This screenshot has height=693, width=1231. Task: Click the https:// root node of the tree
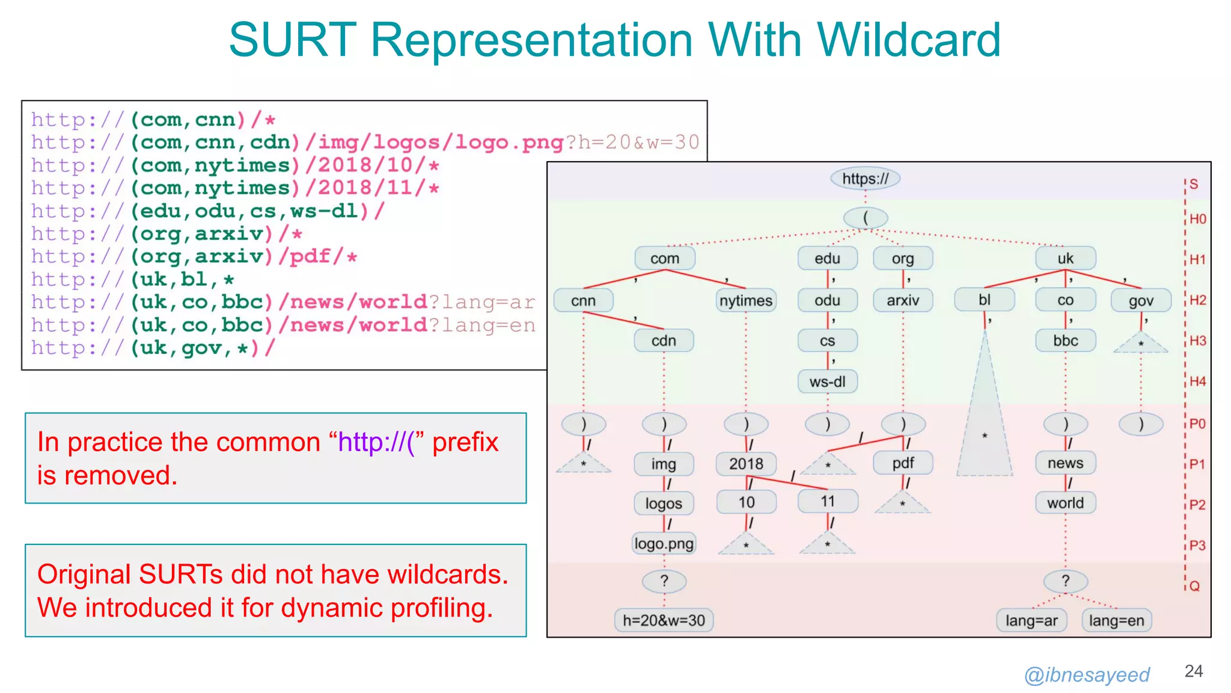point(865,179)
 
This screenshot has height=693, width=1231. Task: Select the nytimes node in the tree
point(746,300)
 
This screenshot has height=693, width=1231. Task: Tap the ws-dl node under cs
point(827,381)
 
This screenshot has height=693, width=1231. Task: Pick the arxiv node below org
point(903,300)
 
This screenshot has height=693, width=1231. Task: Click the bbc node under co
point(1065,340)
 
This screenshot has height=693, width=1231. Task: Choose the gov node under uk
point(1140,301)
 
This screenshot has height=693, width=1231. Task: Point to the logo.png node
point(664,544)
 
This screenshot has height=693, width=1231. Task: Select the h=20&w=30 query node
point(664,620)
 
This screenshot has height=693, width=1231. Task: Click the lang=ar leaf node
point(1031,620)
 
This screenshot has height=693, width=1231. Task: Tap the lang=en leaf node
point(1116,620)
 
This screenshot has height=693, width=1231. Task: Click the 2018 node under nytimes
point(746,464)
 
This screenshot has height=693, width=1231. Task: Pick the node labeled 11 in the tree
point(828,501)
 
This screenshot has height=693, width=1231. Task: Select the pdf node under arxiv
point(903,463)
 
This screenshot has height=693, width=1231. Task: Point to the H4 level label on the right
point(1197,381)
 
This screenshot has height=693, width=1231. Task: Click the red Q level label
point(1194,586)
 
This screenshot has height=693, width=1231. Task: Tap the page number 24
point(1193,671)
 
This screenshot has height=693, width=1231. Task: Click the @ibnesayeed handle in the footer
point(1087,675)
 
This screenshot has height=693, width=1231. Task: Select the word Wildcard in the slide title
point(908,40)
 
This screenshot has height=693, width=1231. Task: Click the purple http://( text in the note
point(376,443)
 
